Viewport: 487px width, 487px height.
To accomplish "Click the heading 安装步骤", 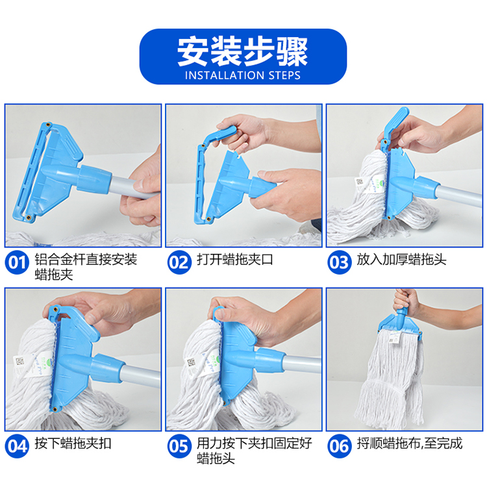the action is coord(243,51).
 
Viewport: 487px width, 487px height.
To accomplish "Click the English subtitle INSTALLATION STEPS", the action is coord(243,75).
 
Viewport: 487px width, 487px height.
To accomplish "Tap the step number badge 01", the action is coord(17,262).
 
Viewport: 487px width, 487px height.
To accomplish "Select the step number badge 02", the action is coord(179,262).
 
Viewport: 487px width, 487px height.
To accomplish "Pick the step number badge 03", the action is coord(340,262).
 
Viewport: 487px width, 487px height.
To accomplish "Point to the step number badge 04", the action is coord(17,446).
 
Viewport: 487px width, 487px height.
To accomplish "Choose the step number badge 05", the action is coord(179,446).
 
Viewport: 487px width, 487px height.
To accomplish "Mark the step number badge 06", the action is coord(340,446).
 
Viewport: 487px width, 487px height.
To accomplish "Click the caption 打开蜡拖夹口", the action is coord(235,260).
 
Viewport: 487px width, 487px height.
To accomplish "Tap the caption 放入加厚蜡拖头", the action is coord(401,260).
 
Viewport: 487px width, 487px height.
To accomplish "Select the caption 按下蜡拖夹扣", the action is coord(73,443).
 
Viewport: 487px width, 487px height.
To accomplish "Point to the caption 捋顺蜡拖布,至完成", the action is coord(409,443).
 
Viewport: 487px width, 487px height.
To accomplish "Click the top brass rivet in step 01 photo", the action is coord(48,125).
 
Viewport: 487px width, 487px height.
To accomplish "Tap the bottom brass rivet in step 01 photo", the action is coord(29,217).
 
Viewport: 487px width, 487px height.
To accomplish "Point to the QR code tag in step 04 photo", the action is coord(20,362).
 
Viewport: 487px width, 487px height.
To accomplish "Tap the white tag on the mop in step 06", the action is coord(395,338).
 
